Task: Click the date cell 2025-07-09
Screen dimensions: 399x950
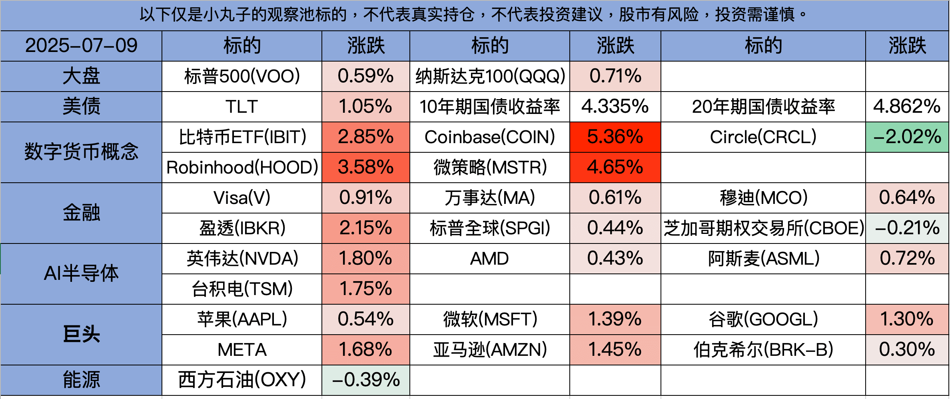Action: [x=81, y=46]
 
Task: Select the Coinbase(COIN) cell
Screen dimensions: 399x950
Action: [x=489, y=137]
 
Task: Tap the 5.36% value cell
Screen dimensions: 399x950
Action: [x=615, y=137]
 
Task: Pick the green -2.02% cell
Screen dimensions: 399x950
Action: [x=907, y=137]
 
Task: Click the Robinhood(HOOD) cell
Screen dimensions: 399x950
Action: [x=242, y=168]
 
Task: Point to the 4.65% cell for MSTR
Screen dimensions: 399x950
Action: [x=615, y=168]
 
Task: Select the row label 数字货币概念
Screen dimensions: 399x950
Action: [x=81, y=152]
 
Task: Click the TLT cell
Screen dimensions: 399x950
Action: [x=242, y=107]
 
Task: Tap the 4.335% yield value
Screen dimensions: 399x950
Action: [x=615, y=107]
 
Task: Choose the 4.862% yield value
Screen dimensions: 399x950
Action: [x=907, y=107]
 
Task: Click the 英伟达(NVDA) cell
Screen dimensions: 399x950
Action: [x=242, y=259]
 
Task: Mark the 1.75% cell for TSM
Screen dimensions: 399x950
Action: [x=365, y=289]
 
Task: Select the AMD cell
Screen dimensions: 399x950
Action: [x=489, y=259]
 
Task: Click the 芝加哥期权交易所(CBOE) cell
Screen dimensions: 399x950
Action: [x=763, y=228]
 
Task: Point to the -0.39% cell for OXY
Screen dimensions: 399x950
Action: [x=365, y=380]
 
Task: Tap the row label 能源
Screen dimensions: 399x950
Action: [x=81, y=380]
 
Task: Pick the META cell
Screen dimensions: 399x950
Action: [x=242, y=350]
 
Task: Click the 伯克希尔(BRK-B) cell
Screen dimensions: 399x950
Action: [x=763, y=350]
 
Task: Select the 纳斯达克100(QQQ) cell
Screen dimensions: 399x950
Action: [x=489, y=76]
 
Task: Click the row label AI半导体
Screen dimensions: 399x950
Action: [x=81, y=274]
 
